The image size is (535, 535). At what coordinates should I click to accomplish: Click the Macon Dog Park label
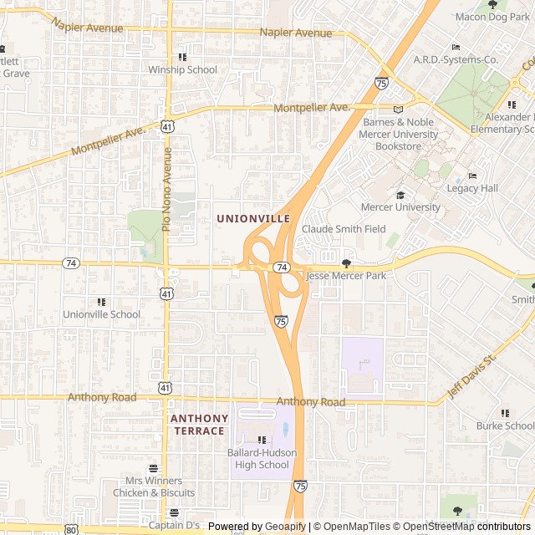492,17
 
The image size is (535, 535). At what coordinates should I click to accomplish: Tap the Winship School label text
182,70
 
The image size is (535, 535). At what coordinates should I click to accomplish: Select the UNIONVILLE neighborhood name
253,219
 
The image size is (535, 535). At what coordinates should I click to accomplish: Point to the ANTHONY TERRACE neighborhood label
198,425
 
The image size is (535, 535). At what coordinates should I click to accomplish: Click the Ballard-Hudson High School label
262,459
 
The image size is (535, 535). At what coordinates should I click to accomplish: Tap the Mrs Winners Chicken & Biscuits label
153,487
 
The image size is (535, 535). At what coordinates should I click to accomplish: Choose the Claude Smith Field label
344,229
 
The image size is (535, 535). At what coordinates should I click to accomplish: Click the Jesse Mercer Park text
346,275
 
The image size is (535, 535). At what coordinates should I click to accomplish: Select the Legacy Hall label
472,189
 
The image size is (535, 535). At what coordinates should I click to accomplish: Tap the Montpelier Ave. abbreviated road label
312,108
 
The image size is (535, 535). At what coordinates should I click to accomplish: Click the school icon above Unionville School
102,302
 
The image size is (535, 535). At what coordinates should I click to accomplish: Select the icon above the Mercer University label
400,195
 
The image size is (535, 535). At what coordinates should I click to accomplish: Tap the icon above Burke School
505,413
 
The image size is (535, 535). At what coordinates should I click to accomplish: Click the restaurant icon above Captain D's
174,513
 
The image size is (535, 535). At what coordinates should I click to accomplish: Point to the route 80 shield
71,529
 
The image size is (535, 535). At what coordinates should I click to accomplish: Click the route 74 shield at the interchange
283,267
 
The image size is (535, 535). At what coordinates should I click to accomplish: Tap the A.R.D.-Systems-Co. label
456,60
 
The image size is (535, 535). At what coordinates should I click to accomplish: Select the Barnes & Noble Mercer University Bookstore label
399,134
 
